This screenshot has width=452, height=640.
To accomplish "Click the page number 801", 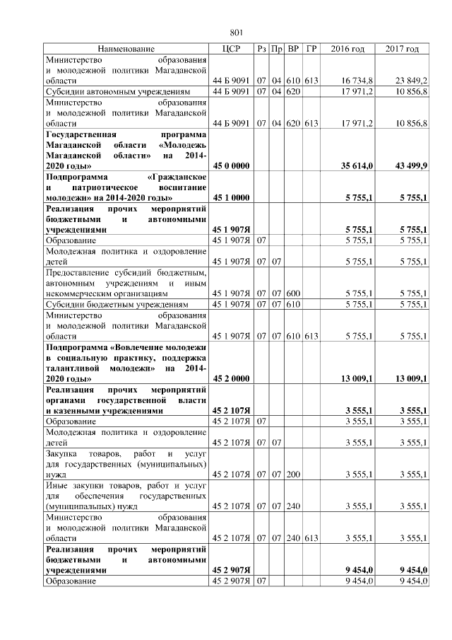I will coord(237,33).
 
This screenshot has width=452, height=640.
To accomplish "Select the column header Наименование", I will coord(126,49).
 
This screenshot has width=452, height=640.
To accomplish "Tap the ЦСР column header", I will coord(232,49).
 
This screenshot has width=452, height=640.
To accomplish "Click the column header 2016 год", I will coord(347,49).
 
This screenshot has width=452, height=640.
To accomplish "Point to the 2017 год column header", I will coord(402,49).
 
